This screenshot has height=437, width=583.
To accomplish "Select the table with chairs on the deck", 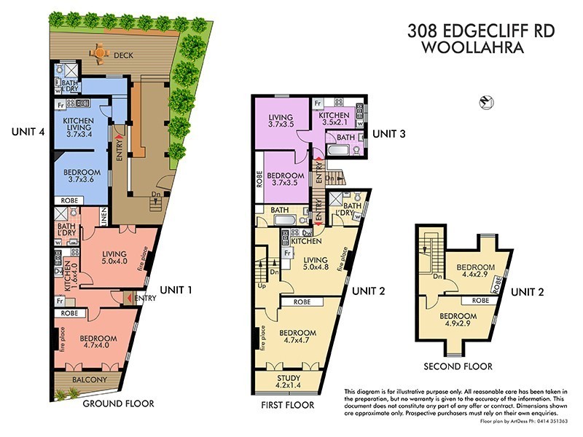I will (98, 52).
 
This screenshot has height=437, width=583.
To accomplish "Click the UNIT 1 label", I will (174, 290).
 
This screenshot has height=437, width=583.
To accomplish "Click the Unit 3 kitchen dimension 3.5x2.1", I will (333, 124).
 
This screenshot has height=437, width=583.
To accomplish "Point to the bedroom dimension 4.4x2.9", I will (474, 276).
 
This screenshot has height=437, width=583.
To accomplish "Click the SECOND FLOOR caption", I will (459, 366).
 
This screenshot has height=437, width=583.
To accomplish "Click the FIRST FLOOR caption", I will (287, 405).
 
